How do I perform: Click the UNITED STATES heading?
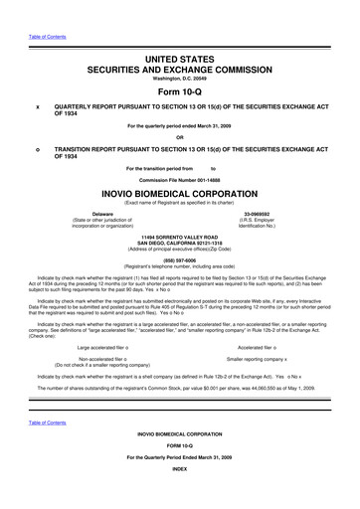[x=179, y=36]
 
